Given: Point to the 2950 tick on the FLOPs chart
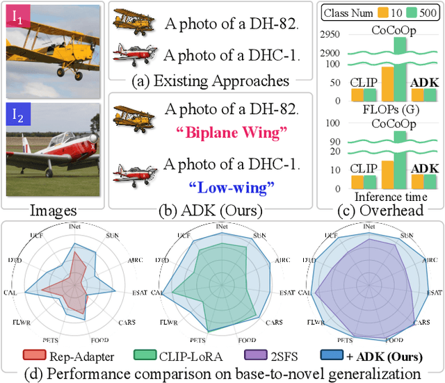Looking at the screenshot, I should pos(329,34).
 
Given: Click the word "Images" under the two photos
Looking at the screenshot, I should pos(53,209).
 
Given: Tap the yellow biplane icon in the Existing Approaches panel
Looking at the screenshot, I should pos(133,21).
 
